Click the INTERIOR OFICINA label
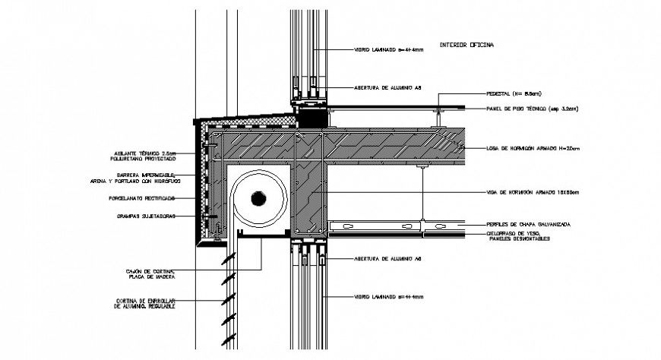coord(466,46)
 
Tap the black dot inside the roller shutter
coord(258,198)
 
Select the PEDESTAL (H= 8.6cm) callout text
coord(514,93)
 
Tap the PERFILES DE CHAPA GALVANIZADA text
coord(528,225)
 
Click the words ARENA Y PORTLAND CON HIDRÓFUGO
coord(144,182)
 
